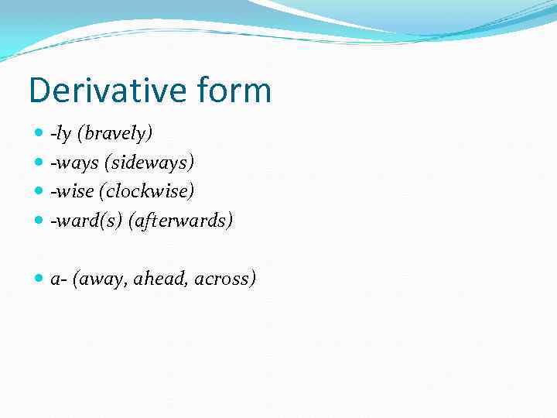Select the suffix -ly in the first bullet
60,134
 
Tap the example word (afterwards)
180,221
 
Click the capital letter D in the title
39,91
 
